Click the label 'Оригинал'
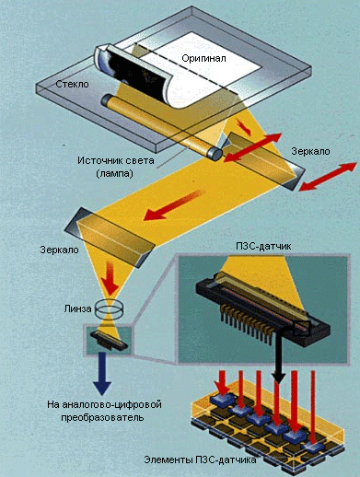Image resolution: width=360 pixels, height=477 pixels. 203,58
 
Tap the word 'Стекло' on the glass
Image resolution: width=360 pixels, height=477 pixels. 72,84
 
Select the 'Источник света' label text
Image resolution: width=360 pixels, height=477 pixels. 116,160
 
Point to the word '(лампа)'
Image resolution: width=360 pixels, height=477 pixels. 115,173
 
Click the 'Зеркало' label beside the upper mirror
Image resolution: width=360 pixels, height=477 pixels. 310,151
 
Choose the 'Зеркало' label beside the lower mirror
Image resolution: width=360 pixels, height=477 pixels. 59,250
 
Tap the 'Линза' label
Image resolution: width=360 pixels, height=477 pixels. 77,308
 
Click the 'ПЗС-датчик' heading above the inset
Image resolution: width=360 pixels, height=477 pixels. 263,246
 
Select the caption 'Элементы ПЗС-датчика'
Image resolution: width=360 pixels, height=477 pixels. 200,460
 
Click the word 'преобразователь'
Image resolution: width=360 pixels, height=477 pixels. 102,417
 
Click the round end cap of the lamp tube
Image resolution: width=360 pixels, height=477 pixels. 215,153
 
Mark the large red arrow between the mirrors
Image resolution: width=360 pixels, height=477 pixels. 173,205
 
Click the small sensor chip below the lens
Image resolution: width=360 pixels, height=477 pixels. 110,340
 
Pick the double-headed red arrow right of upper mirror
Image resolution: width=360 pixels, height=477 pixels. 328,177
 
